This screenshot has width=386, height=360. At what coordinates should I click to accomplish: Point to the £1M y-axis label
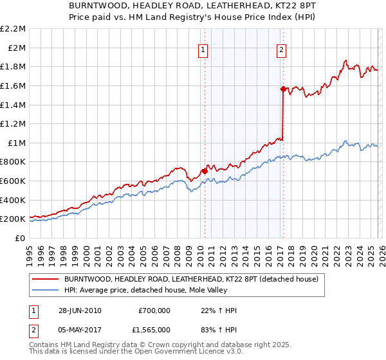(16, 143)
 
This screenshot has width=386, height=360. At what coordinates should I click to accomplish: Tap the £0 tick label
(20, 238)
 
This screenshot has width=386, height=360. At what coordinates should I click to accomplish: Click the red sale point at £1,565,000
(282, 89)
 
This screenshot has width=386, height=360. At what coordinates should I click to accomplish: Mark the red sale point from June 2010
(205, 171)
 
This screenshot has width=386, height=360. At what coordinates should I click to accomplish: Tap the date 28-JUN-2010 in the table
(80, 310)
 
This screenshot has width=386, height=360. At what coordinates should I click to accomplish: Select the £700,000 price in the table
(154, 310)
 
